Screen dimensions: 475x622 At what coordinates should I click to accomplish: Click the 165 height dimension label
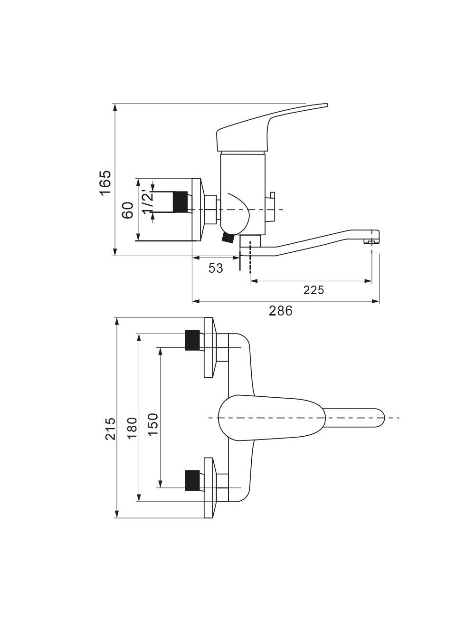point(105,183)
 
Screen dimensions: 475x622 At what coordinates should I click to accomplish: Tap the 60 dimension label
point(128,210)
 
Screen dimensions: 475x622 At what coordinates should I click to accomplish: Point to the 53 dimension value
point(216,268)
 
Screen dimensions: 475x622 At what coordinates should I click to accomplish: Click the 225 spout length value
point(313,290)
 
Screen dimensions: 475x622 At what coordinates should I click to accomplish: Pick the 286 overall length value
point(280,311)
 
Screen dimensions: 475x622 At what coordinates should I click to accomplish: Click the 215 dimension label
point(111,428)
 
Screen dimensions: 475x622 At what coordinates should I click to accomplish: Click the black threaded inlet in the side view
point(180,202)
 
